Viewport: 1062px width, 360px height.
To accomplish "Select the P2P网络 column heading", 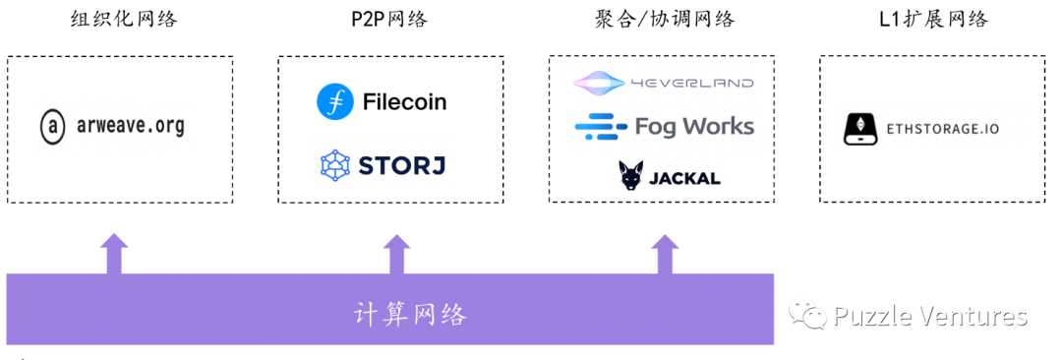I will point(389,20).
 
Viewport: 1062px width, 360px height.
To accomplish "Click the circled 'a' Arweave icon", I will point(52,128).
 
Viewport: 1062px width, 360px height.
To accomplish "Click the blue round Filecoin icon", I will point(334,102).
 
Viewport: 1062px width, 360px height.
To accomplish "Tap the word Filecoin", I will point(404,102).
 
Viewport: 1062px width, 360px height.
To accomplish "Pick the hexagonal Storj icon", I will point(335,165).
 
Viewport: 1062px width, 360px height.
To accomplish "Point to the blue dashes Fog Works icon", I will point(600,126).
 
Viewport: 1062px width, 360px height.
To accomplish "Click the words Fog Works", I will point(694,126).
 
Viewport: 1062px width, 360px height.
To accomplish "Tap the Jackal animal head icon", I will point(631,176).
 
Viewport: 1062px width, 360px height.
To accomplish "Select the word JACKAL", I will point(685,178).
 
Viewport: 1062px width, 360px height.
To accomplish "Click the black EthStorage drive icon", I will point(860,129).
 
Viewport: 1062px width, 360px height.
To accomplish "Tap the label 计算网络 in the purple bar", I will point(410,315).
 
